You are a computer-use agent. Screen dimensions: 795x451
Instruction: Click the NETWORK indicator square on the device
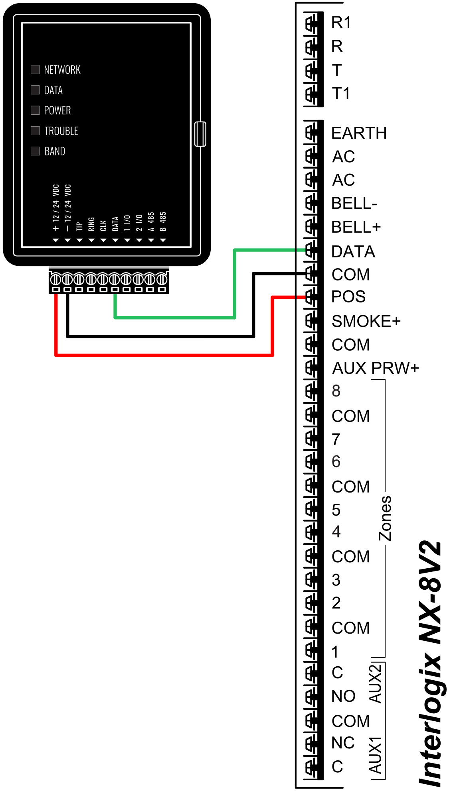(x=35, y=70)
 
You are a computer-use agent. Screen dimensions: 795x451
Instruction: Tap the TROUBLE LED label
(x=61, y=131)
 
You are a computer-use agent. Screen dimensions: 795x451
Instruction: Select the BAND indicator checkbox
(x=35, y=151)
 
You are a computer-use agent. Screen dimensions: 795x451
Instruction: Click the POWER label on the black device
(x=57, y=110)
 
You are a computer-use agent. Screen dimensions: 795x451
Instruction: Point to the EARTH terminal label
(x=359, y=133)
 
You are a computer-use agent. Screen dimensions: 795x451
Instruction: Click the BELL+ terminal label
(x=356, y=227)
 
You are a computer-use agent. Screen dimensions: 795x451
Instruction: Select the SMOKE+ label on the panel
(x=366, y=321)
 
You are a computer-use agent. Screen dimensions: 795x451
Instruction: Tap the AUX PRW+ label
(x=376, y=368)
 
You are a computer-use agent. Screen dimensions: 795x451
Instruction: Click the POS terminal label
(x=348, y=297)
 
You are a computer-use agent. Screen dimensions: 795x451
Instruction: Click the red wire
(x=164, y=355)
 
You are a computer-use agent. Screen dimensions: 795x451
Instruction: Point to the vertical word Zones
(x=385, y=518)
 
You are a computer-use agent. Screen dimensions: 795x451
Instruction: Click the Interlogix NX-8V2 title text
(x=430, y=663)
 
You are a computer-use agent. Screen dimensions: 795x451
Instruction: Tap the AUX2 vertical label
(x=375, y=683)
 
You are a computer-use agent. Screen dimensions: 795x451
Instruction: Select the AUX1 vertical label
(x=375, y=755)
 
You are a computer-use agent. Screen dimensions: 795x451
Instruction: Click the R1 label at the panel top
(x=341, y=23)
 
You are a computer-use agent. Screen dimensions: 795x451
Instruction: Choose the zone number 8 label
(x=336, y=391)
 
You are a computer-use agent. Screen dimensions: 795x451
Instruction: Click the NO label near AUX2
(x=343, y=696)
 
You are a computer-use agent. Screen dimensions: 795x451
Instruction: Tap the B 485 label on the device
(x=163, y=222)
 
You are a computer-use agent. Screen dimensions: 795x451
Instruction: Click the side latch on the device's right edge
(x=200, y=134)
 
